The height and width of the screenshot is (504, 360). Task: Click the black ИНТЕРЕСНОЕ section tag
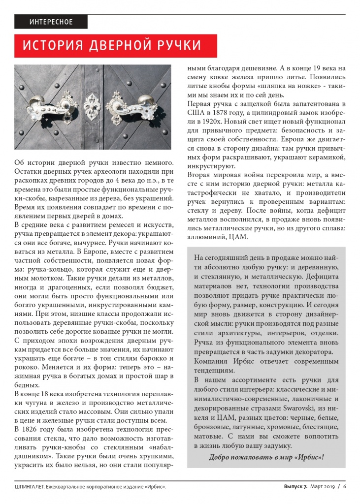click(x=51, y=22)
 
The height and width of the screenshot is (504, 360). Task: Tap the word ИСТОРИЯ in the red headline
click(x=52, y=46)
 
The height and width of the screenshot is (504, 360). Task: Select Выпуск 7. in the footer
click(x=295, y=487)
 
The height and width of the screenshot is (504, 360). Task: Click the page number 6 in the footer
click(x=345, y=487)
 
